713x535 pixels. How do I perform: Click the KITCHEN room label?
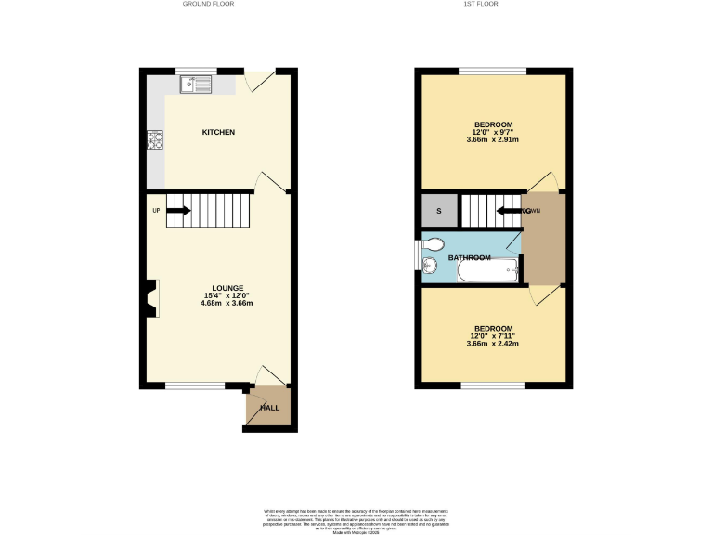click(x=218, y=133)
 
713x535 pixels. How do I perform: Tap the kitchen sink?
click(x=196, y=85)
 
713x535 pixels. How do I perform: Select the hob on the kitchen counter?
click(x=154, y=141)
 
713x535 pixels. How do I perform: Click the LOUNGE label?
click(x=227, y=288)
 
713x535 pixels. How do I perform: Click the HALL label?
click(x=269, y=408)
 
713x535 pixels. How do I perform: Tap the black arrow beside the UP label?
click(x=178, y=210)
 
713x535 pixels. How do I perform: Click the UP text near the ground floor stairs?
click(x=156, y=210)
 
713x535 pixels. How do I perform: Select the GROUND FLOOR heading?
click(x=209, y=5)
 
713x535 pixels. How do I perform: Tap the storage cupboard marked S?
click(x=439, y=211)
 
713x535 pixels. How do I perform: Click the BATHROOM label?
click(x=469, y=256)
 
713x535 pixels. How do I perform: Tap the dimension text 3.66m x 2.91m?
click(x=492, y=140)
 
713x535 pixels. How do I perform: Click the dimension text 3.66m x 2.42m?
click(x=492, y=344)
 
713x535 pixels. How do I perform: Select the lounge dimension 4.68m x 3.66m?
click(x=227, y=304)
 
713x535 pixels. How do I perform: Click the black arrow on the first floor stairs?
click(x=510, y=211)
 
